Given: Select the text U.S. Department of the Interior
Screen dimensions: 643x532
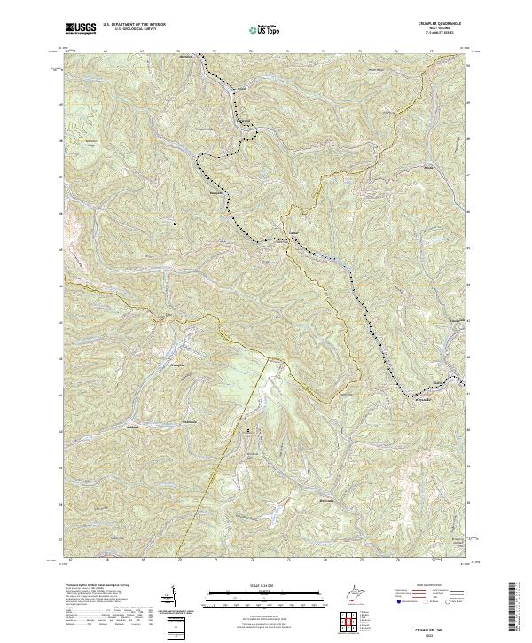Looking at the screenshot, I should (134, 26).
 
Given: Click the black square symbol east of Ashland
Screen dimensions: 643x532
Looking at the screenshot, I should (248, 431).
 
